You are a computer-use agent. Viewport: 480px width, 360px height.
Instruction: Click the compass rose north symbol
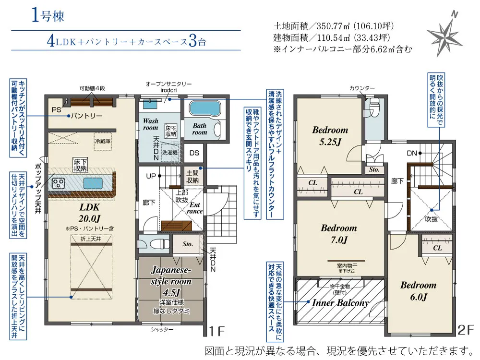point(444,36)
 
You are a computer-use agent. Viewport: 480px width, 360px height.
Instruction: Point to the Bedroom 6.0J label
point(418,290)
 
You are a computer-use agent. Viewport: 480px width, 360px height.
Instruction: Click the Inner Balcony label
point(340,303)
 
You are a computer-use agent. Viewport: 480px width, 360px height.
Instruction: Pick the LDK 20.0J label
point(89,213)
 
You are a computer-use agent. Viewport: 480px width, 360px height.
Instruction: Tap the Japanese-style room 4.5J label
point(171,281)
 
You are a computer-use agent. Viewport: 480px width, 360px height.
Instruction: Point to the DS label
point(194,153)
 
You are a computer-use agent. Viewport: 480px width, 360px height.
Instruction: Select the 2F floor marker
point(466,331)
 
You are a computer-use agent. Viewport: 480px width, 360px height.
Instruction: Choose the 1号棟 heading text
point(48,16)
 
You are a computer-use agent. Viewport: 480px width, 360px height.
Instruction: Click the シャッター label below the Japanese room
point(159,329)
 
